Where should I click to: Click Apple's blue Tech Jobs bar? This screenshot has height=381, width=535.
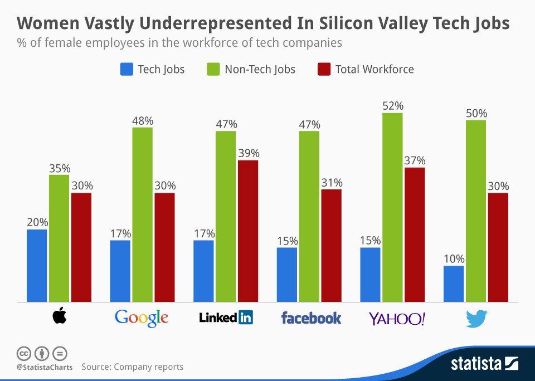pyautogui.click(x=37, y=266)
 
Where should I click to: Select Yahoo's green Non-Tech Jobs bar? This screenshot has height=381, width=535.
pyautogui.click(x=393, y=207)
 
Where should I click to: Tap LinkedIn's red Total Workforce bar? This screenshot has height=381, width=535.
pyautogui.click(x=248, y=231)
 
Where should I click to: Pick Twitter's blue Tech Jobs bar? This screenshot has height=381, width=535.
pyautogui.click(x=454, y=284)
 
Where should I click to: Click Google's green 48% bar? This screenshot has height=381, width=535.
pyautogui.click(x=142, y=214)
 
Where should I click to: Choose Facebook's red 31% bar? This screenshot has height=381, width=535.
pyautogui.click(x=331, y=246)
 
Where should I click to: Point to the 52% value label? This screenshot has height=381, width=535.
pyautogui.click(x=392, y=106)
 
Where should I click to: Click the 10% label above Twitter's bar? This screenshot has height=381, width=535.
pyautogui.click(x=454, y=259)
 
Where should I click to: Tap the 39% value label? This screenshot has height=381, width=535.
pyautogui.click(x=248, y=153)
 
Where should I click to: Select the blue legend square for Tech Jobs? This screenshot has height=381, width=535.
pyautogui.click(x=127, y=70)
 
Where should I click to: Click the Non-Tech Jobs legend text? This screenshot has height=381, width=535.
pyautogui.click(x=260, y=70)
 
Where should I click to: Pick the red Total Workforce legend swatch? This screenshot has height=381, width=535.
pyautogui.click(x=324, y=70)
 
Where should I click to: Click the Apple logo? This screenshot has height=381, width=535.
pyautogui.click(x=59, y=317)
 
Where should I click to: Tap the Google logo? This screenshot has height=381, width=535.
pyautogui.click(x=142, y=318)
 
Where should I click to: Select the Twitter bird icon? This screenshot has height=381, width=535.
pyautogui.click(x=476, y=318)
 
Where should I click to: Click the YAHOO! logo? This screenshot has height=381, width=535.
pyautogui.click(x=397, y=319)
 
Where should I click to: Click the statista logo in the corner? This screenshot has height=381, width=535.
pyautogui.click(x=484, y=365)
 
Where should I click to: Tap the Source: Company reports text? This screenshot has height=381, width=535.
pyautogui.click(x=132, y=367)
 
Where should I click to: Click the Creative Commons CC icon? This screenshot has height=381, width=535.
pyautogui.click(x=23, y=353)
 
